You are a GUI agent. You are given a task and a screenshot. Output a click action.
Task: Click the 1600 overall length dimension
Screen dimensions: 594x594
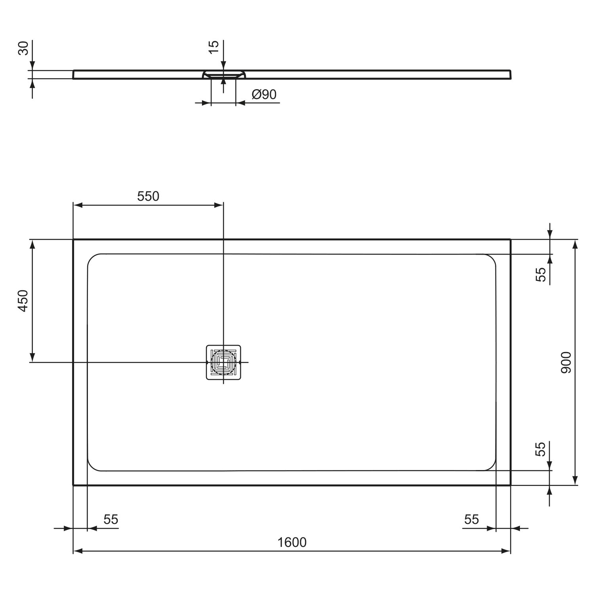(x=292, y=542)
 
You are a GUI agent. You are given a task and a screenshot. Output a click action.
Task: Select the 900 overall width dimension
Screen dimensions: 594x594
(x=566, y=362)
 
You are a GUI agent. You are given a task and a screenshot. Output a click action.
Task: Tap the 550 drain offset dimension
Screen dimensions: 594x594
(x=148, y=196)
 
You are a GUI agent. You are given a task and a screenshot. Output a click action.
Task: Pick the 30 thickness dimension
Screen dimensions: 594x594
(x=23, y=48)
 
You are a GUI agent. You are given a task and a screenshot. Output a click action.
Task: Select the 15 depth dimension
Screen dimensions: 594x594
(x=213, y=44)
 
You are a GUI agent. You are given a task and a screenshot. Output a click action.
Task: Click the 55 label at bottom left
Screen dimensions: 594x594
(x=111, y=519)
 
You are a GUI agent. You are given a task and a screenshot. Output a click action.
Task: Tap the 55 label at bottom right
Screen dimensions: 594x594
(x=472, y=519)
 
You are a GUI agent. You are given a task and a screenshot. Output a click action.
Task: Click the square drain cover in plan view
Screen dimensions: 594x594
(x=223, y=362)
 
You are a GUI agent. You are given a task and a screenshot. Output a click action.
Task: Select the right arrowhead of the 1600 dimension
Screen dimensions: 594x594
(x=506, y=551)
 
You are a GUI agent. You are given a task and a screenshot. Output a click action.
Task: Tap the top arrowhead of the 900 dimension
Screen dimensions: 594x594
(x=575, y=244)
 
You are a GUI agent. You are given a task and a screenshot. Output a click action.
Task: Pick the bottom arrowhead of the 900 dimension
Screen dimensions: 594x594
(x=575, y=480)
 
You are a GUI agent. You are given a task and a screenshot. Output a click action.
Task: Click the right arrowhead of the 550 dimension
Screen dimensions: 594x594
(x=219, y=205)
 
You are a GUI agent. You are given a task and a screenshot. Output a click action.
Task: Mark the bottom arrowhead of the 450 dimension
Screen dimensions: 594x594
(x=33, y=358)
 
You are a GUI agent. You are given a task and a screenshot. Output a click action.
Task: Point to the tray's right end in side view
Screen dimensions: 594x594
(x=510, y=74)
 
